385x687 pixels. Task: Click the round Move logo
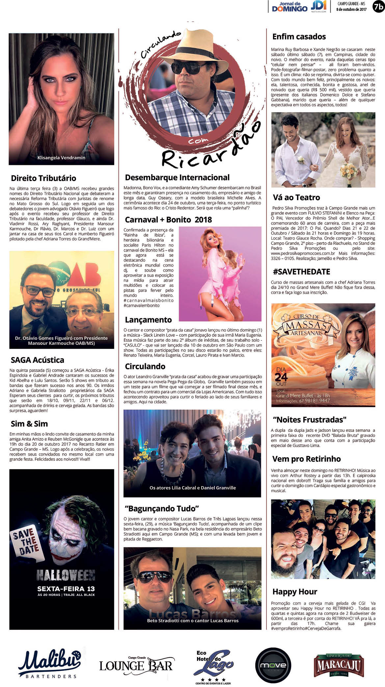[273, 665]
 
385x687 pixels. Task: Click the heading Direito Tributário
[43, 178]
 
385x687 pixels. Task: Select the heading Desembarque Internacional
[177, 177]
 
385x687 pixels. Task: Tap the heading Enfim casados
[299, 37]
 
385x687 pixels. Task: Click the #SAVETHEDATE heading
[301, 272]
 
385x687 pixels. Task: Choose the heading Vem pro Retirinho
[306, 459]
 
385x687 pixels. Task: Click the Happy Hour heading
[295, 592]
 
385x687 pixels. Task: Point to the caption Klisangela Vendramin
[61, 158]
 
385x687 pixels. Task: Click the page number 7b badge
[378, 7]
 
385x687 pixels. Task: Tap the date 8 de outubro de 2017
[351, 10]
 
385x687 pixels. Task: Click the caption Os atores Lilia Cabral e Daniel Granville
[193, 488]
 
